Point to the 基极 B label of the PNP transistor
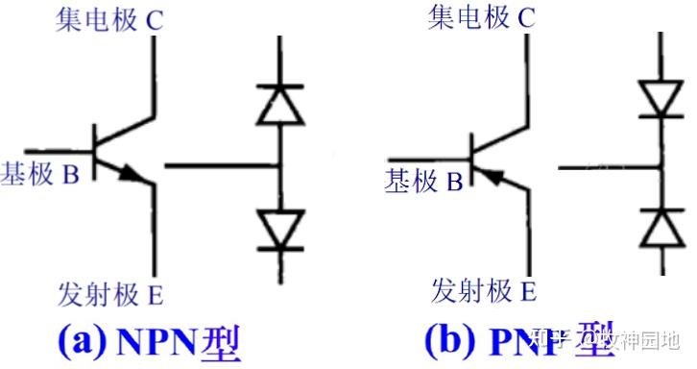click(423, 180)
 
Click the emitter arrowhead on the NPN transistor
click(135, 175)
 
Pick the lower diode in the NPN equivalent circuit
click(278, 227)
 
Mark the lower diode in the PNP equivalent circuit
click(659, 228)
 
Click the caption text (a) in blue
click(83, 342)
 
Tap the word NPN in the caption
click(158, 343)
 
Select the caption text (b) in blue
click(450, 342)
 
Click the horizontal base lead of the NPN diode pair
click(221, 165)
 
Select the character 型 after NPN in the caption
click(221, 343)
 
